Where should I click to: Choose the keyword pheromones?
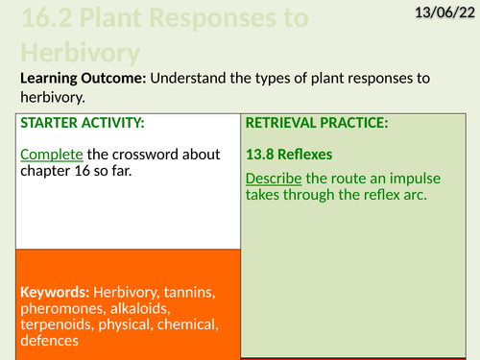point(59,308)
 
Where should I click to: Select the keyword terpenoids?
point(55,324)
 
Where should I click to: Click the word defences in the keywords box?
point(48,341)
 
